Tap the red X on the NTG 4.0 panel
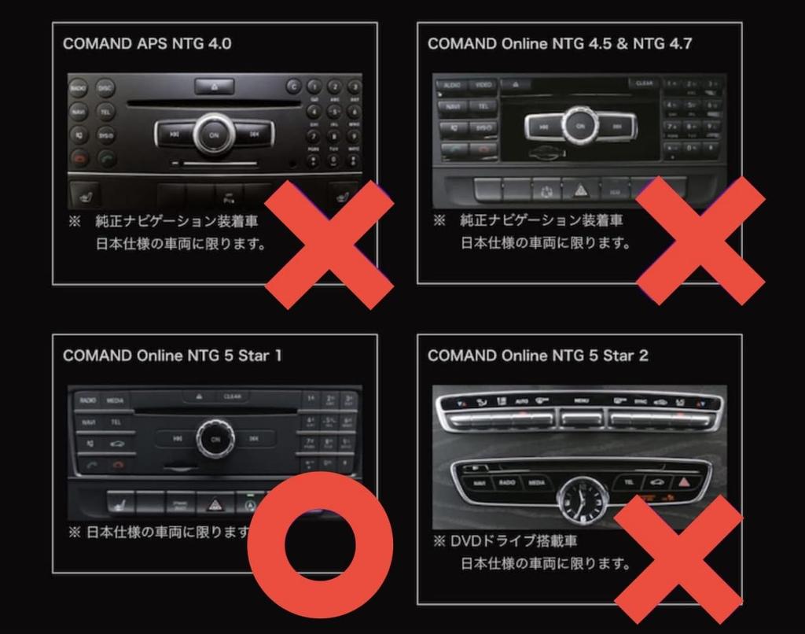329,244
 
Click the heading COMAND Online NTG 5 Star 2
538,356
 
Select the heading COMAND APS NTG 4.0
147,43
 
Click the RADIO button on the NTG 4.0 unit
79,89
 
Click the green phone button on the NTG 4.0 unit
106,158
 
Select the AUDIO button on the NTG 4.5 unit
452,84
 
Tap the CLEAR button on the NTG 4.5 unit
644,83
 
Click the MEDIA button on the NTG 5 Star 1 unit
116,400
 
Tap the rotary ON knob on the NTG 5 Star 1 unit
215,438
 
